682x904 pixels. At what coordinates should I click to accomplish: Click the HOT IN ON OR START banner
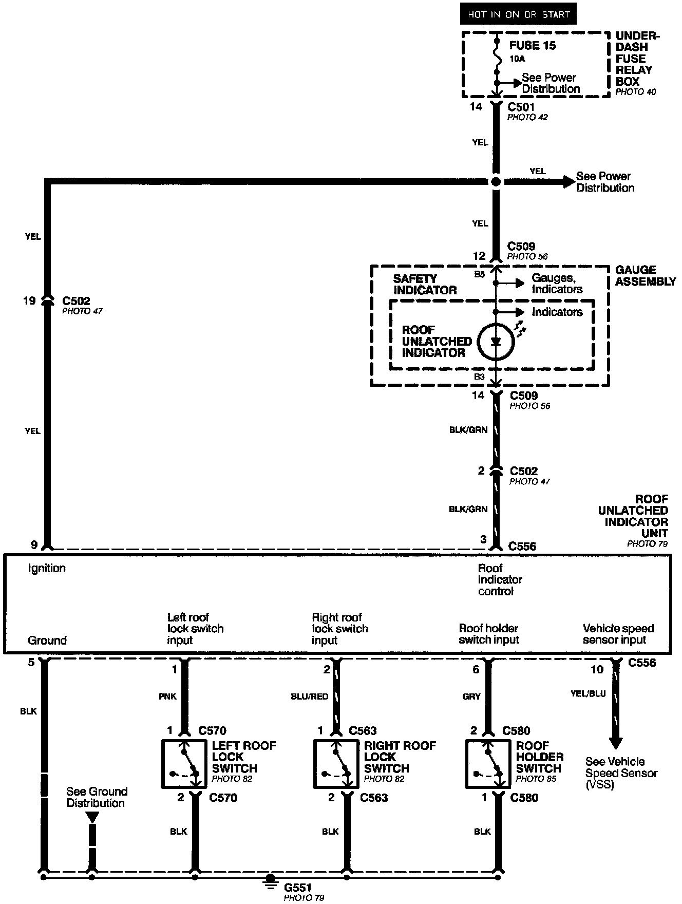point(518,14)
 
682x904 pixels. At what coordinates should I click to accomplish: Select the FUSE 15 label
point(533,46)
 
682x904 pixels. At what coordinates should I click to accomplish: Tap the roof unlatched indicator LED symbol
point(496,342)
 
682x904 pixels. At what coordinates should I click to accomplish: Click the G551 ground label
point(298,887)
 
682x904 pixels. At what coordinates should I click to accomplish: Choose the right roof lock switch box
point(336,764)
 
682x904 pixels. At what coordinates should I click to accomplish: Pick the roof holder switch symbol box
point(488,764)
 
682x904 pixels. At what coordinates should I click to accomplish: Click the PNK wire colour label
point(167,696)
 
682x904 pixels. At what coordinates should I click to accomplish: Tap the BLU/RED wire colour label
point(310,696)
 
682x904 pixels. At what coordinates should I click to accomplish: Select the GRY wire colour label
point(471,696)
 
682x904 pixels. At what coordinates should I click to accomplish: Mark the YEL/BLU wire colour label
point(588,693)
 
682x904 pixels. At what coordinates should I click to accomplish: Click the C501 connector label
point(521,107)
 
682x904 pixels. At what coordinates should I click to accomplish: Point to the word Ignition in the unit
point(47,568)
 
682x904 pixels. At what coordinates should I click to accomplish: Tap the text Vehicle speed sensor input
point(618,634)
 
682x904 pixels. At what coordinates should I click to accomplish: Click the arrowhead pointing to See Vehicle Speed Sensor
point(615,743)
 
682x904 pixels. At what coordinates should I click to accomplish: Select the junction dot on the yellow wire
point(496,182)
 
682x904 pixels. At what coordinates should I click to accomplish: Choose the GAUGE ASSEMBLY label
point(646,276)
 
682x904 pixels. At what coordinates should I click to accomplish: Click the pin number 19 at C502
point(29,301)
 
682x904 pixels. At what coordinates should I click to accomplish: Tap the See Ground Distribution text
point(97,797)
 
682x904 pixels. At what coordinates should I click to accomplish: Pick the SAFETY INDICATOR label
point(425,284)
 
